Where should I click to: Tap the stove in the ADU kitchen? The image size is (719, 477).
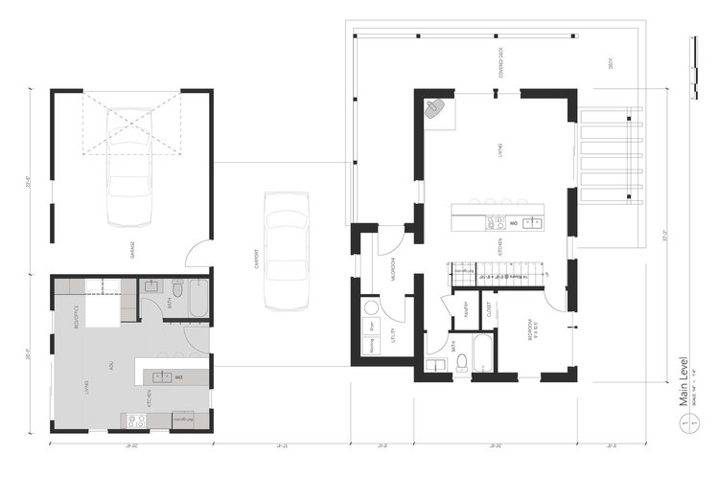tap(135, 420)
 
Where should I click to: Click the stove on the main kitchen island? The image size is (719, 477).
tap(495, 223)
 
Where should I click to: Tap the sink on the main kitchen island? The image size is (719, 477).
tap(532, 223)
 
